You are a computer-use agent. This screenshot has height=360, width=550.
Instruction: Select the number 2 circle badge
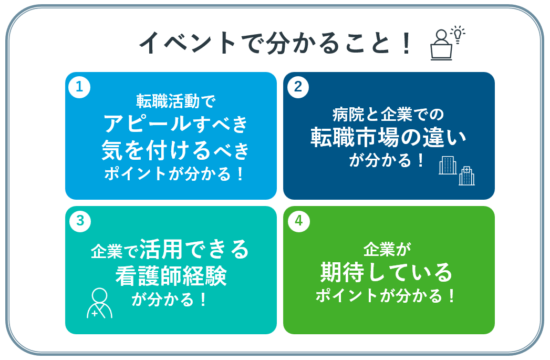[298, 87]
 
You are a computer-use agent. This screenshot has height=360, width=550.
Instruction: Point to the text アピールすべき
[176, 124]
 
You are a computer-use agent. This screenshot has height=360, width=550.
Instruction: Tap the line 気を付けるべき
[176, 151]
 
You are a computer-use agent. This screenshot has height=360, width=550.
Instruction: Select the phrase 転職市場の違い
[388, 137]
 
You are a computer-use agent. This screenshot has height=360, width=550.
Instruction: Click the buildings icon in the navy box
[456, 170]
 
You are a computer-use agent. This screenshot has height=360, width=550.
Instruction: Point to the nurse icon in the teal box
[99, 303]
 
